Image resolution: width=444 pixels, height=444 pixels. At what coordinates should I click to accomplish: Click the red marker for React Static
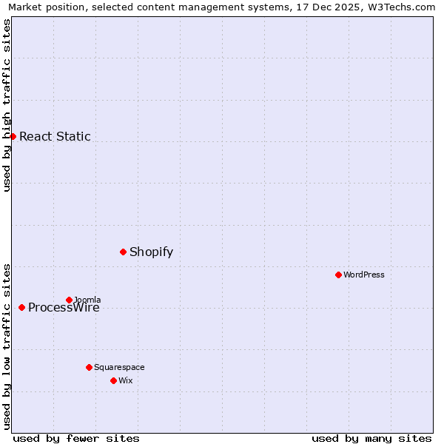click(13, 136)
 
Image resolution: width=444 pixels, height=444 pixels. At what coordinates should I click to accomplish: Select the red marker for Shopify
click(123, 252)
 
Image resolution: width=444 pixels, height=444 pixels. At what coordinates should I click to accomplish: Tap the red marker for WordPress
click(338, 275)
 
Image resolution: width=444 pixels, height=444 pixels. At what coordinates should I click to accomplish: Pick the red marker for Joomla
click(69, 300)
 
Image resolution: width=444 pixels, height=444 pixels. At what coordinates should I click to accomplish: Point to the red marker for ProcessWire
click(21, 307)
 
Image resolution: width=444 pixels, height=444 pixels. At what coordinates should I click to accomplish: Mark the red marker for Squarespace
click(89, 367)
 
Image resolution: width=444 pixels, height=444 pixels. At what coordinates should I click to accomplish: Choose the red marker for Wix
click(113, 380)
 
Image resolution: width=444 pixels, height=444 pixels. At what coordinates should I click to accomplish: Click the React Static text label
click(55, 136)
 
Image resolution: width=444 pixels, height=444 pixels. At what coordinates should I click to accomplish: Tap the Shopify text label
click(151, 252)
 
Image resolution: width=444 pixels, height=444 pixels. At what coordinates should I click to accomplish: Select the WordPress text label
click(364, 275)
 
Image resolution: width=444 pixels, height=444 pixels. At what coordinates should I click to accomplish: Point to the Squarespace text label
click(119, 367)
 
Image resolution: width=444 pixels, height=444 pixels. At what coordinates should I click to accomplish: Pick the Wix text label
click(125, 380)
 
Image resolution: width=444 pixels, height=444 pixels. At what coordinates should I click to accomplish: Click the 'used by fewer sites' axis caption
click(76, 438)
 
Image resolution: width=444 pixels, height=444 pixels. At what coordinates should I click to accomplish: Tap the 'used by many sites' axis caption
click(371, 438)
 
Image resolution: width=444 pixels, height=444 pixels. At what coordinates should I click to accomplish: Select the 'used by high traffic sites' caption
click(7, 106)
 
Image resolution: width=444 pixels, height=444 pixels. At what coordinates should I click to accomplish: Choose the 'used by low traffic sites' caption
click(7, 346)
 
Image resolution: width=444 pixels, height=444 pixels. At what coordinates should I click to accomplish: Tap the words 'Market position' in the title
click(43, 7)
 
